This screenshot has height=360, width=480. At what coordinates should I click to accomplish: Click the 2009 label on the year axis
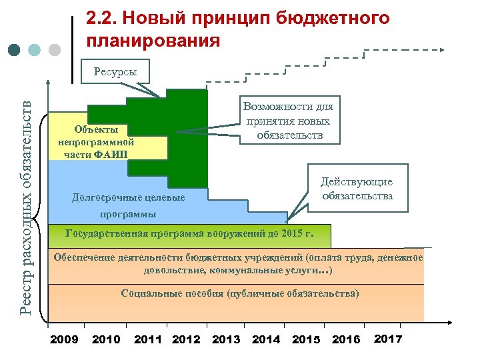[64, 339]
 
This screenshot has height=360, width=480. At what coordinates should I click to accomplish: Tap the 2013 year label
[226, 339]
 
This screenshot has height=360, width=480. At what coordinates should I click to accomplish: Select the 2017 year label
[388, 339]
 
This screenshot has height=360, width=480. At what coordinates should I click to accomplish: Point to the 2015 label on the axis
[306, 339]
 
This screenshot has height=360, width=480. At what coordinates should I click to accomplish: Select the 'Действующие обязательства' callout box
[357, 189]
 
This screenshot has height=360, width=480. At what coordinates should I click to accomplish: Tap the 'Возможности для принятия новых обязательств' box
[289, 121]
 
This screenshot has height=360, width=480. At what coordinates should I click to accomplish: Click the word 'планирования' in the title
[153, 41]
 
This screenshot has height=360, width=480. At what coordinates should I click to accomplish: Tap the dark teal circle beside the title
[15, 50]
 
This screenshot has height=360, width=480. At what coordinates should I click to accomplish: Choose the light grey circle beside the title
[55, 50]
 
